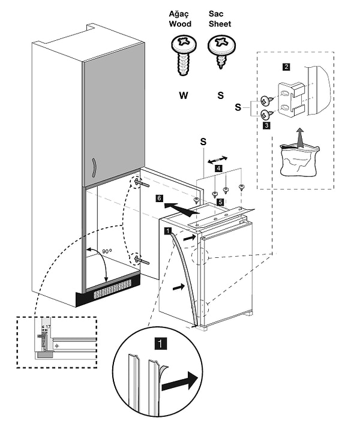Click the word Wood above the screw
(181, 24)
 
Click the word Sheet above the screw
(220, 24)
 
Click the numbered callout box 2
(286, 66)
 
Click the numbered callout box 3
(266, 126)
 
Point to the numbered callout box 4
(219, 169)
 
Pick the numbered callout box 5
(221, 203)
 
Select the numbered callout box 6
(159, 197)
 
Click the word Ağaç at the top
(181, 14)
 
